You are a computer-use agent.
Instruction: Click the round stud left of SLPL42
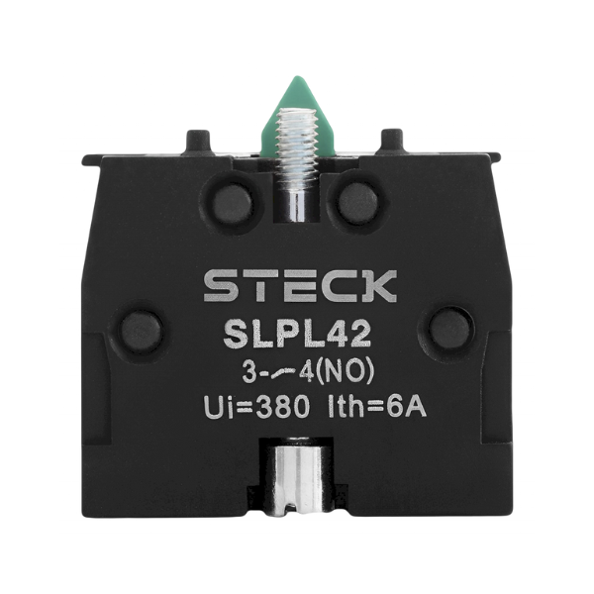click(142, 329)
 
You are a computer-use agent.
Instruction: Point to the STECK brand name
click(300, 285)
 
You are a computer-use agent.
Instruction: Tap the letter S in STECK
click(220, 285)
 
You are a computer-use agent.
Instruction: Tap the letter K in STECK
click(379, 285)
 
